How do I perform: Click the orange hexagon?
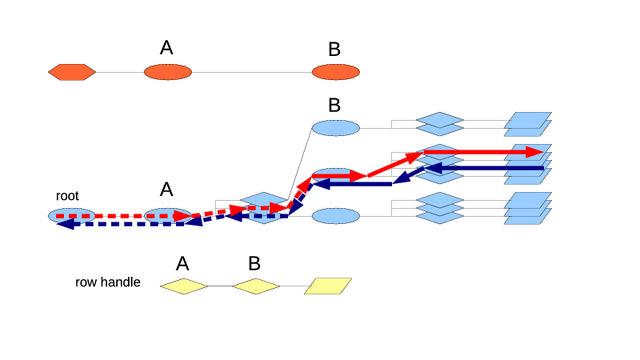pos(72,72)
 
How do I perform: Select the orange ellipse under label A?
pos(168,72)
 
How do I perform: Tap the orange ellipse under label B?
pos(336,72)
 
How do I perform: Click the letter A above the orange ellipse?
pos(166,48)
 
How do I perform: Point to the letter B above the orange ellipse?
pos(334,50)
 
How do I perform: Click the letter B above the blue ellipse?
pos(334,105)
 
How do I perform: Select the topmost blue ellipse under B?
pos(336,127)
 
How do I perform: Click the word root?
pos(67,195)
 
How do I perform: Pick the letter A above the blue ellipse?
pos(166,190)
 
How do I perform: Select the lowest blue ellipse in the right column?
pos(336,216)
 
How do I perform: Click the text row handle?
pos(108,282)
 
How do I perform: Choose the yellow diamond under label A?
pos(184,286)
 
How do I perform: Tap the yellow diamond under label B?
pos(256,286)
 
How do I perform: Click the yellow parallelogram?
pos(328,286)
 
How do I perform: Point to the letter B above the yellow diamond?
pos(254,264)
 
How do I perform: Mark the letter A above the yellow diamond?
pos(182,264)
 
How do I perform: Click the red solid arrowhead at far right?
pos(535,152)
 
